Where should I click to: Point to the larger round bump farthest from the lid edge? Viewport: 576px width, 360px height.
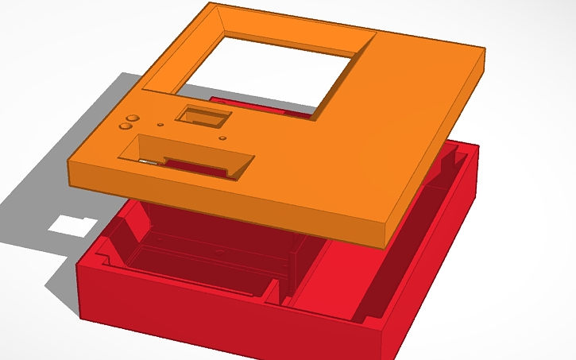coord(133,118)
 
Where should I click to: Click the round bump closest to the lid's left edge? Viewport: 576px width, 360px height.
coord(125,126)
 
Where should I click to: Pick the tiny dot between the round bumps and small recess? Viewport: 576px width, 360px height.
coord(160,125)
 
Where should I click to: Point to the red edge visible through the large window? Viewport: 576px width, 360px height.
coord(262,107)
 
